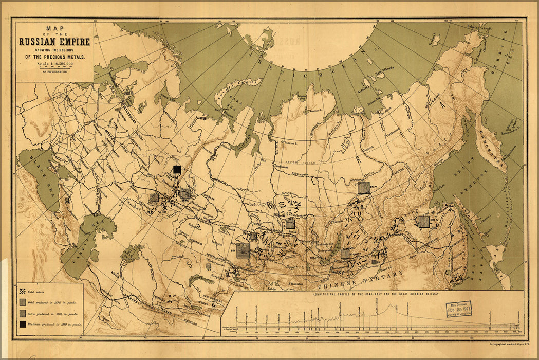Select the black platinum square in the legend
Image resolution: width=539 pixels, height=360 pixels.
click(x=23, y=324)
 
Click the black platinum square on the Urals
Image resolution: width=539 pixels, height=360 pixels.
click(x=177, y=169)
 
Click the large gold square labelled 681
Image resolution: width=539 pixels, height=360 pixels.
click(x=243, y=250)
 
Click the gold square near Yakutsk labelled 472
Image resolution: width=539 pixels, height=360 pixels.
click(x=364, y=188)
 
